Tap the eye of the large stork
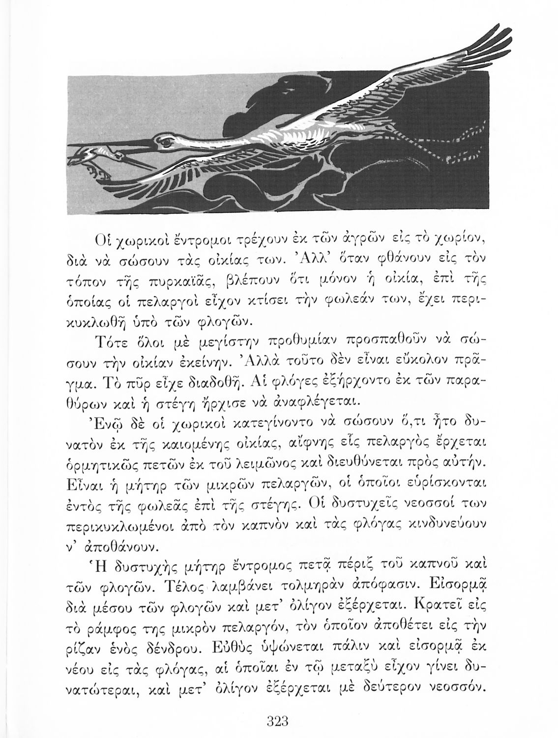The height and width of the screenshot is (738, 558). pos(166,141)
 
